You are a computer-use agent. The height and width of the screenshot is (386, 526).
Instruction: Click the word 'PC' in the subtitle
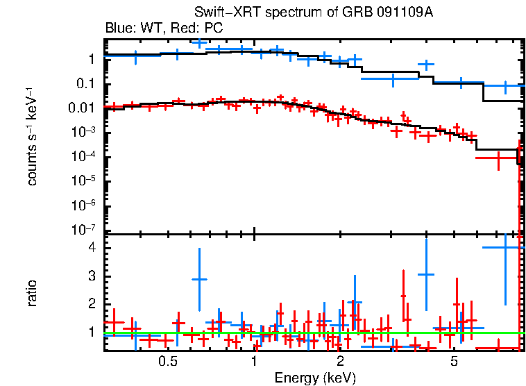point(213,28)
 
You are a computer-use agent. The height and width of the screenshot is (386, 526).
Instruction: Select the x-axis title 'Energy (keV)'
point(314,378)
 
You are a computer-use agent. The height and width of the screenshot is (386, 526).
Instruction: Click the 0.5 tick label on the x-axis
point(167,362)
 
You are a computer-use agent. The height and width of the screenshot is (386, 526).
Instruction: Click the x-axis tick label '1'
point(255,362)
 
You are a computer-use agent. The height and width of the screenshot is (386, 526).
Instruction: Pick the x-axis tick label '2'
point(340,362)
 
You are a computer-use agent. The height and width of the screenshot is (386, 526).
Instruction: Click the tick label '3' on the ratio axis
point(90,276)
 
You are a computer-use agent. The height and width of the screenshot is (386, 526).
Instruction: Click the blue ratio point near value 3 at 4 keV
point(425,274)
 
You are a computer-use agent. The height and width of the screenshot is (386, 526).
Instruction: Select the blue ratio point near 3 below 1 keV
point(199,279)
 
